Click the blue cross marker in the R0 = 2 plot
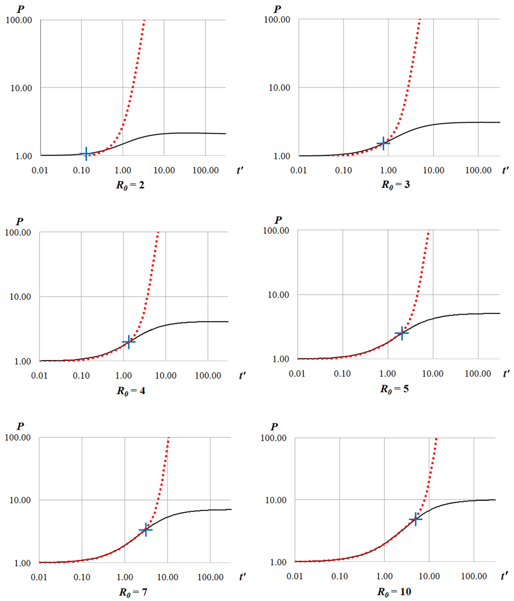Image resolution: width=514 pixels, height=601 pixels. point(86,154)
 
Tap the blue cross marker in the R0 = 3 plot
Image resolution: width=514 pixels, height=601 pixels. point(383,143)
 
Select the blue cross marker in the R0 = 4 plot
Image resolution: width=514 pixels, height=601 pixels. point(128,342)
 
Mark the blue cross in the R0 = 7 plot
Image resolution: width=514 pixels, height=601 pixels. point(146,530)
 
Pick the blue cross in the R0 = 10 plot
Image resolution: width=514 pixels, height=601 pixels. point(415,519)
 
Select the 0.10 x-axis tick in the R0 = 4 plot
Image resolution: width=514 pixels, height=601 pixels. point(81,376)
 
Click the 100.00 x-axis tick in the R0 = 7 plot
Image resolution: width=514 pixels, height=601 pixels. point(210,577)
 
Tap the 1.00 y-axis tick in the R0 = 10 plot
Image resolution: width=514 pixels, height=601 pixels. point(278,562)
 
